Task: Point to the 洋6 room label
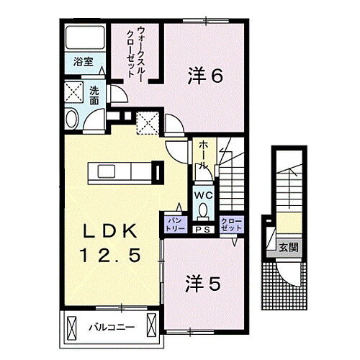click(x=205, y=75)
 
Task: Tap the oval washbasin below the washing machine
click(x=71, y=119)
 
